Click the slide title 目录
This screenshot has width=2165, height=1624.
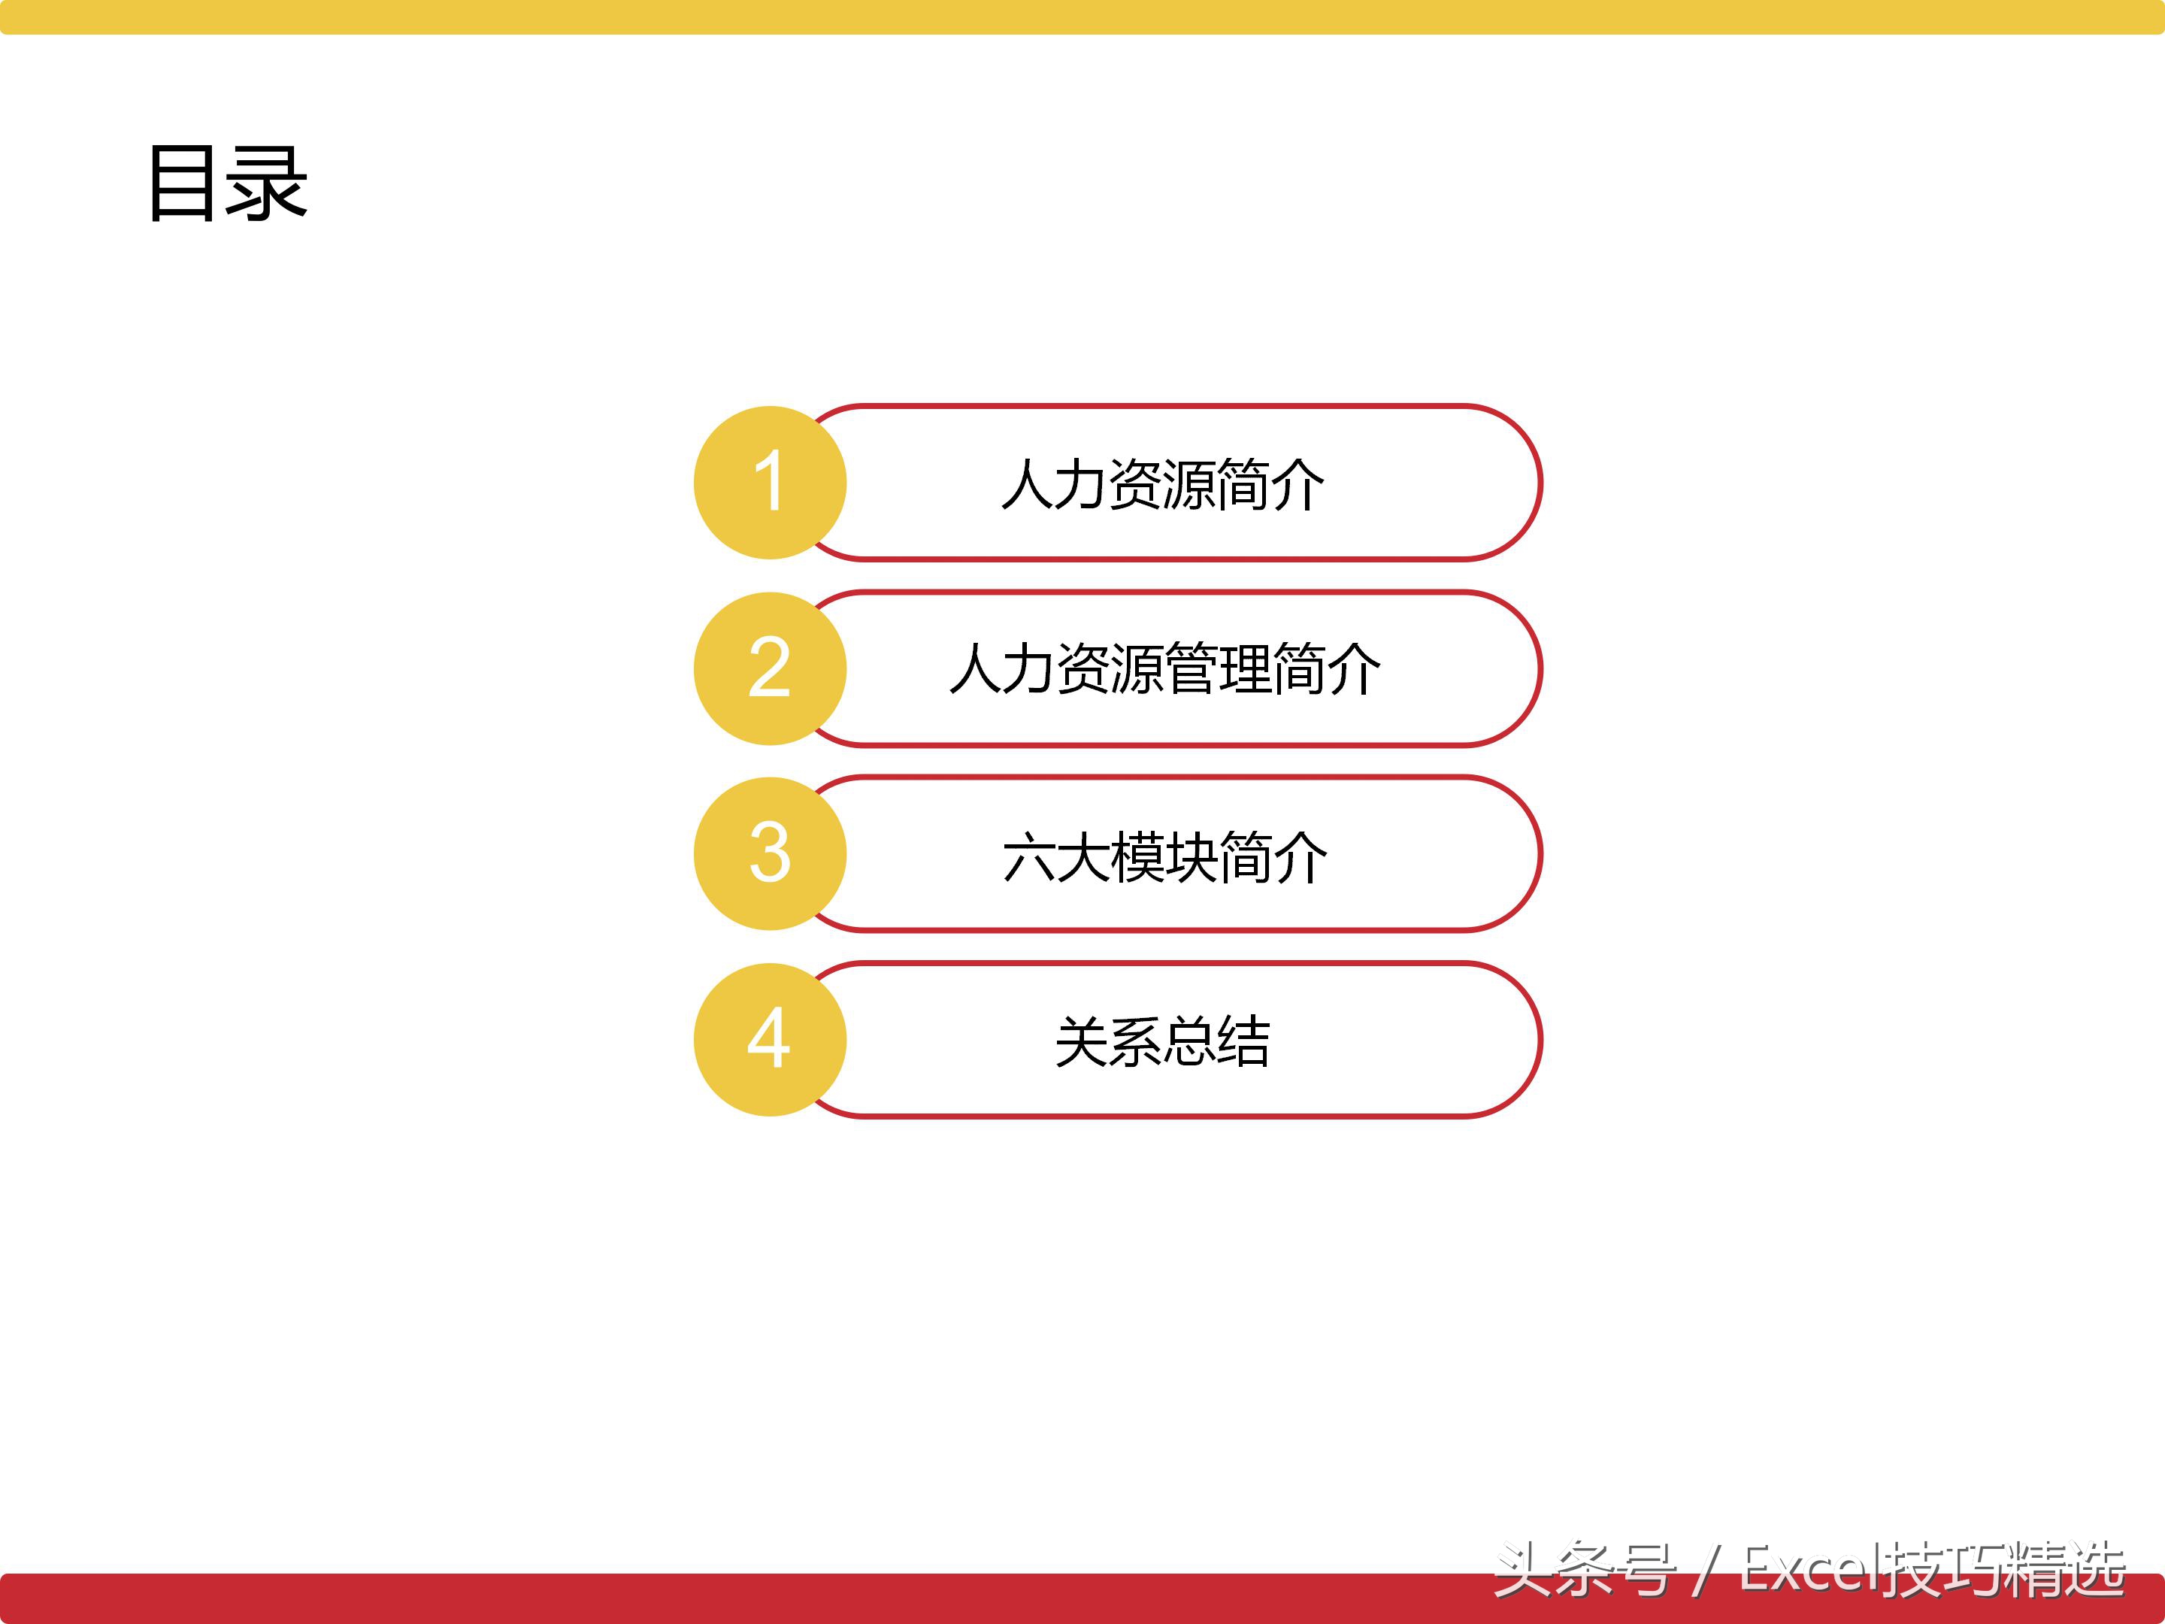228,183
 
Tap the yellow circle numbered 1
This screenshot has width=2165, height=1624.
769,483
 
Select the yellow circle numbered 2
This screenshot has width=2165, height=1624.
769,668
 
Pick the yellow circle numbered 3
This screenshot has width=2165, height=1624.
769,853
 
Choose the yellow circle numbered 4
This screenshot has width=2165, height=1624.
769,1040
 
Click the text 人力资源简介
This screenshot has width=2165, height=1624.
1163,484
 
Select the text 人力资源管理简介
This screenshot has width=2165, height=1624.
1164,670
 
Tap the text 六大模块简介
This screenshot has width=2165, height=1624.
1164,856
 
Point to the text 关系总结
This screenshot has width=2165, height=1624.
1163,1041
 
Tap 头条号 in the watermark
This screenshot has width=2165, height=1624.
1585,1569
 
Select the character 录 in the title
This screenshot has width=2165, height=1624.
266,183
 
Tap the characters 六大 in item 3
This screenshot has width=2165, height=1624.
1057,856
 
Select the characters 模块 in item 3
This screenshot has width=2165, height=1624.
1164,856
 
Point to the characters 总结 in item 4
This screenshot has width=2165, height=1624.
1216,1041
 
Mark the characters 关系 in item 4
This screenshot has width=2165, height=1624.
1109,1041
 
